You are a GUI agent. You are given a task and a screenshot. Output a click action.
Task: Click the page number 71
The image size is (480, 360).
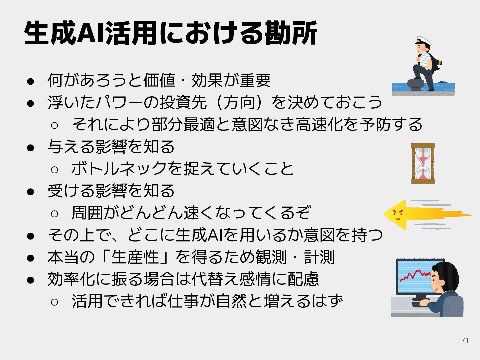[465, 340]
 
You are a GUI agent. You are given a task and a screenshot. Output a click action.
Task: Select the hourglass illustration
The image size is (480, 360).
[423, 163]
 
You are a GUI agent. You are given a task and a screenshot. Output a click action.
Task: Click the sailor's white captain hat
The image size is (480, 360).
[423, 41]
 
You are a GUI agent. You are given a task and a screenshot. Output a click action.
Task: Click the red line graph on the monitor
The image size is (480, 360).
[414, 275]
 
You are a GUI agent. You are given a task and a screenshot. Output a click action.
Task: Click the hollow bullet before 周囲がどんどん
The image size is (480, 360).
[55, 213]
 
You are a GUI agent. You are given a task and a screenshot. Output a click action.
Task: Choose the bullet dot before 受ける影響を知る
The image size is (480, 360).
[31, 192]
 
